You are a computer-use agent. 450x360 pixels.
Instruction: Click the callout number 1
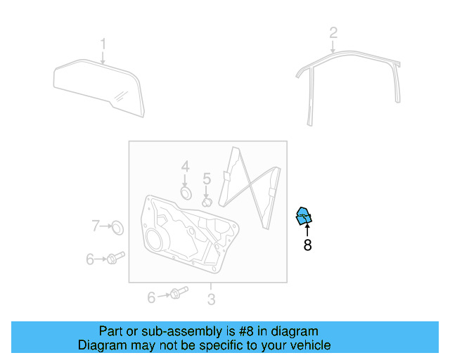point(103,44)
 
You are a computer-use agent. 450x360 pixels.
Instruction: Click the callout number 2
point(333,33)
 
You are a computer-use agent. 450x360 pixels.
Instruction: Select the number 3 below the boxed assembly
point(211,300)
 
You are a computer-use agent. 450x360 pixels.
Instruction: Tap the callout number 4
point(186,167)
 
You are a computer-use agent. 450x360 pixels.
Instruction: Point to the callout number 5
point(207,179)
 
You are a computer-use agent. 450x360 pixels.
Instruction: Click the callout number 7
point(96,226)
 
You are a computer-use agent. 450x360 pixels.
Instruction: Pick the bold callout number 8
point(307,245)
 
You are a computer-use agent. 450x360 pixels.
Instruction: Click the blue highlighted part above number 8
point(304,216)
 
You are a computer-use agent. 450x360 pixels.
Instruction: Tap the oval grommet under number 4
point(186,193)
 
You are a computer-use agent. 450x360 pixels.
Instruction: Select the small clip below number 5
point(207,202)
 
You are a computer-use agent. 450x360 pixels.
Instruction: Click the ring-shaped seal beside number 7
point(117,227)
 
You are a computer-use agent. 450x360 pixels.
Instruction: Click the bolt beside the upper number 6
point(115,258)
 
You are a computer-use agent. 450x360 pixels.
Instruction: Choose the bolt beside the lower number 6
point(179,292)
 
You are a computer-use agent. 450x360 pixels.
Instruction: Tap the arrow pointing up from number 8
point(307,231)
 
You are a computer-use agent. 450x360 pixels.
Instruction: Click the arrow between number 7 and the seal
point(106,226)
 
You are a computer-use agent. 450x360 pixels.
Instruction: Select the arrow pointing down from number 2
point(333,47)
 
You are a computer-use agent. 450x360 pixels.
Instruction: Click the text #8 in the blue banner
point(246,331)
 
